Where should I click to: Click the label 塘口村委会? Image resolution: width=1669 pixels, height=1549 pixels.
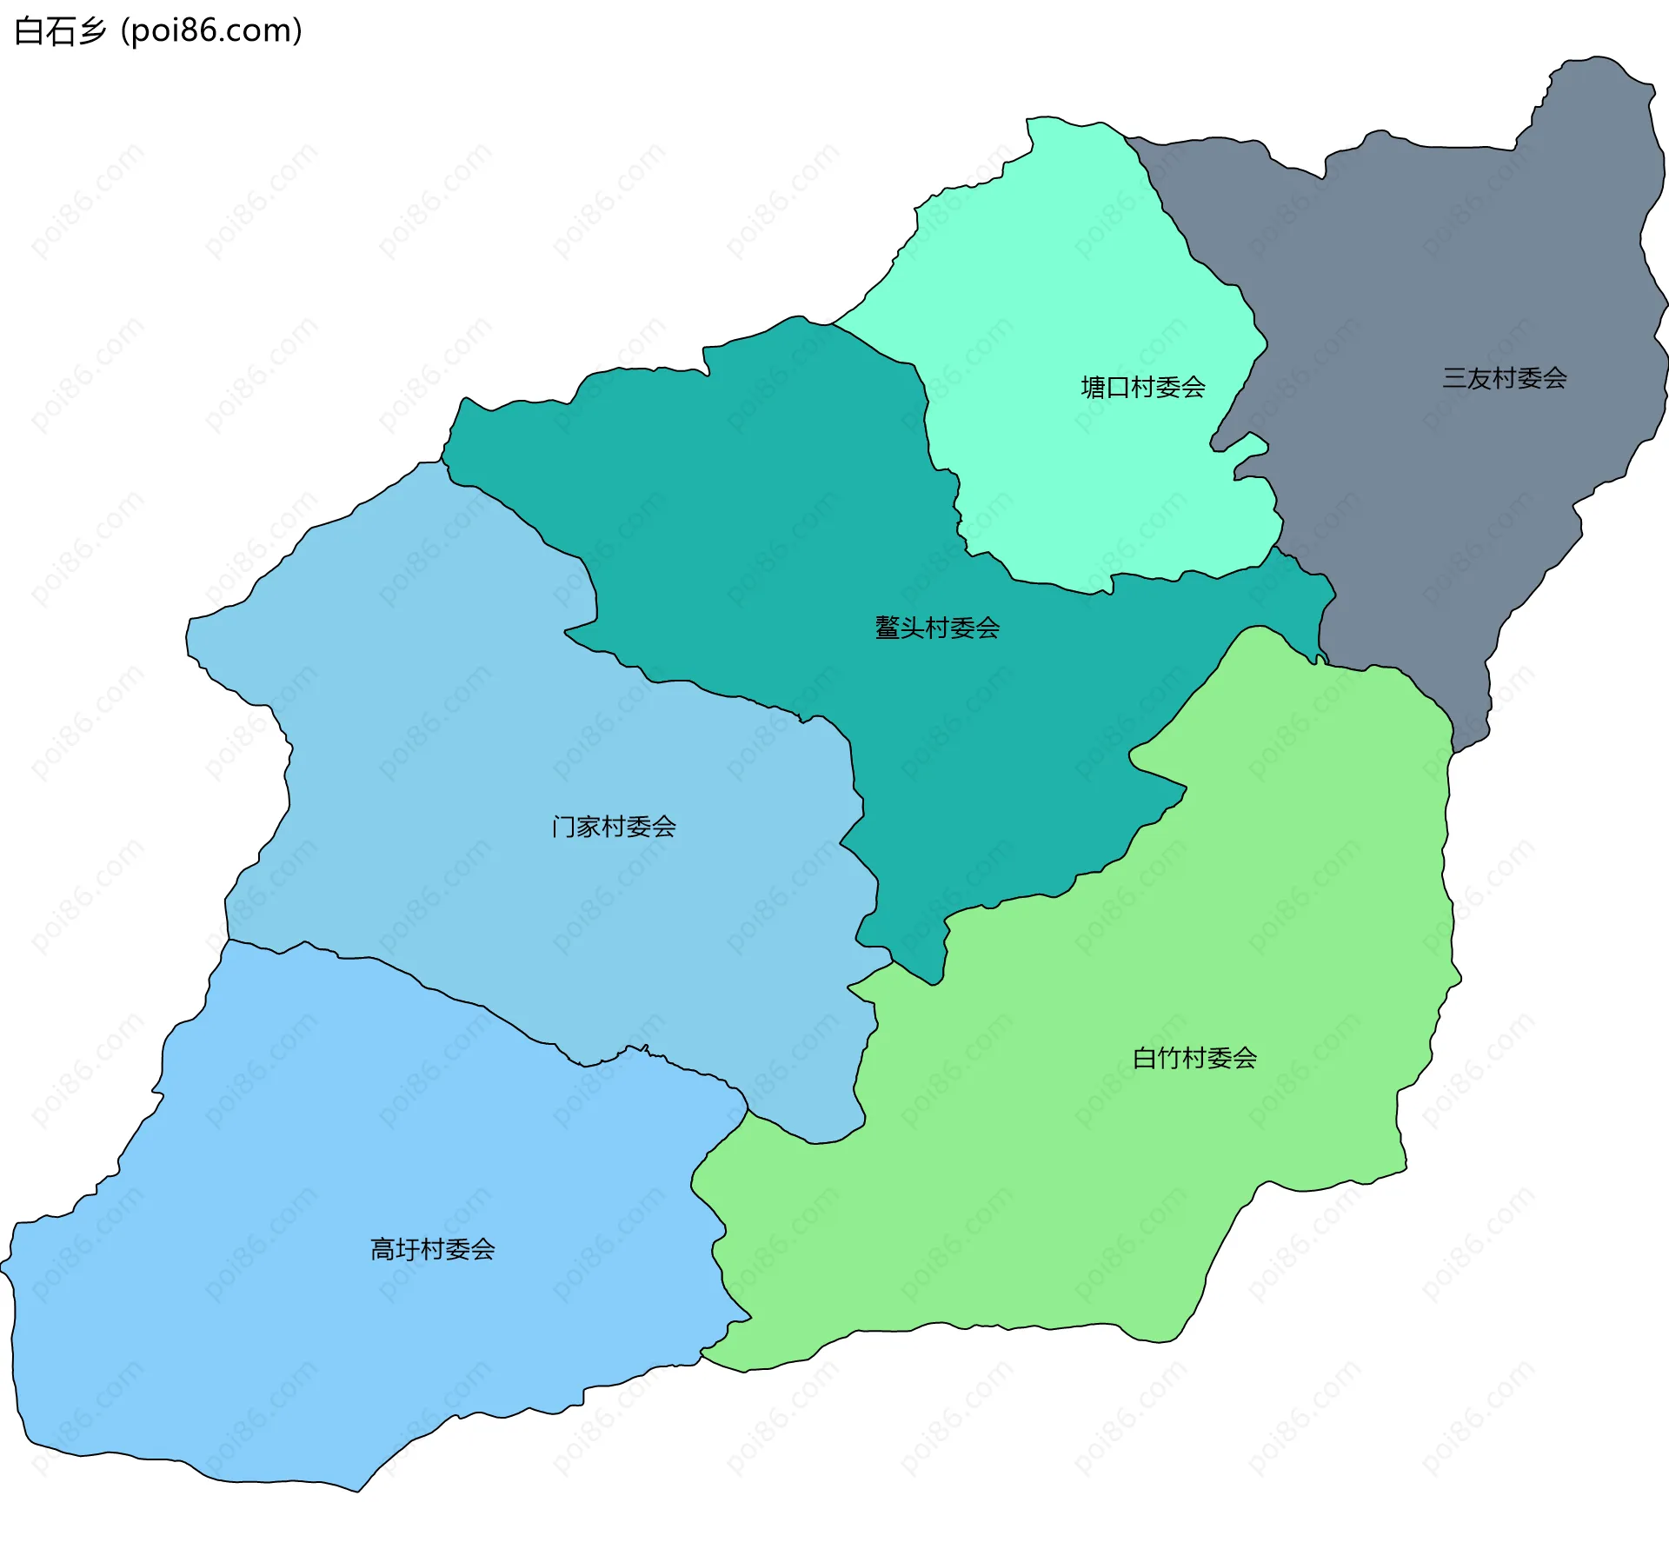point(1142,387)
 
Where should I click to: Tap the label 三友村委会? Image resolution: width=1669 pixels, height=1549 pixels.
point(1504,378)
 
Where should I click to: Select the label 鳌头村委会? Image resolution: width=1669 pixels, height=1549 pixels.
point(937,628)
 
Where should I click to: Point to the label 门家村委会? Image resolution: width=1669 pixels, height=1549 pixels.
point(614,826)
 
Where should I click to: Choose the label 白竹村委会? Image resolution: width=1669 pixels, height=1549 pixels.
point(1194,1058)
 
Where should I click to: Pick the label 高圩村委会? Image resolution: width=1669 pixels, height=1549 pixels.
point(433,1249)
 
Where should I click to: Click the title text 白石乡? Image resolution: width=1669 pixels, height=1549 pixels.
point(60,31)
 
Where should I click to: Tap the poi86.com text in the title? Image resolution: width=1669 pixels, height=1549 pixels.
point(211,31)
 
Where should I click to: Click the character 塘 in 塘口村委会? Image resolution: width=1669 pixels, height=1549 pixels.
point(1093,387)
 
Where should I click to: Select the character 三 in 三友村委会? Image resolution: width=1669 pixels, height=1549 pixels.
point(1454,378)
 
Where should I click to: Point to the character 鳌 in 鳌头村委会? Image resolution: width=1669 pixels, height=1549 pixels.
point(888,628)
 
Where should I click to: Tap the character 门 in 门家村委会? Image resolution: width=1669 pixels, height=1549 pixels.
point(563,826)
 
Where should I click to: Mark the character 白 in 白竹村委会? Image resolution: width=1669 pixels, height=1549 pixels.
point(1145,1058)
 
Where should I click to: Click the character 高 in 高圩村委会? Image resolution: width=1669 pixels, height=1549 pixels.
point(382,1249)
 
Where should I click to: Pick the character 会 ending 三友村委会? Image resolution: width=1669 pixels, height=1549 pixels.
point(1554,378)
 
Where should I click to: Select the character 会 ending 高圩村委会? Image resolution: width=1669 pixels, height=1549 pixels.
point(483,1249)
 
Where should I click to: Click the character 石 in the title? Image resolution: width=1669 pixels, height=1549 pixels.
point(61,31)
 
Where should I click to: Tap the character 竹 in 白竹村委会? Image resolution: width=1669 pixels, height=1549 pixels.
point(1169,1058)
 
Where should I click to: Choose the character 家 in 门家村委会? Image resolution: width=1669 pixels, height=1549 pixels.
point(588,826)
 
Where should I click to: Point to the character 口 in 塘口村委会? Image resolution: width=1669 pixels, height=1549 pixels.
point(1118,387)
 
